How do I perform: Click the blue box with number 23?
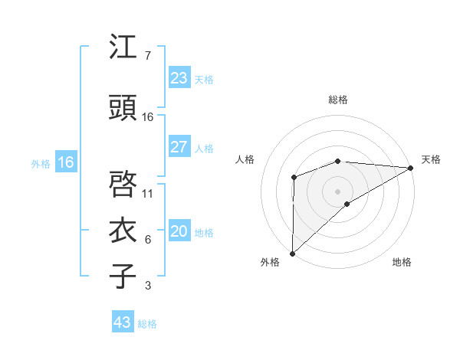[179, 78]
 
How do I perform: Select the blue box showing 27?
[179, 147]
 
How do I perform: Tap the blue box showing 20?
[179, 232]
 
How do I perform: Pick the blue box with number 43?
[123, 322]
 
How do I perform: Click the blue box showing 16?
[66, 162]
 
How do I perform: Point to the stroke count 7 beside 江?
[147, 56]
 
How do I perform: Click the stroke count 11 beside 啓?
[148, 193]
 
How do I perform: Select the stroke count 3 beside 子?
[147, 286]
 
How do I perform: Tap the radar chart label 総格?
[338, 100]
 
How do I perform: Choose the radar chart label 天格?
[431, 159]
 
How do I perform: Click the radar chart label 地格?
[402, 262]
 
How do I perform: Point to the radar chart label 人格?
[245, 159]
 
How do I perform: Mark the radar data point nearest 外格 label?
[292, 253]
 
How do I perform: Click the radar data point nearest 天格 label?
[411, 168]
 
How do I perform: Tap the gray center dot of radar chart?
[337, 191]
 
